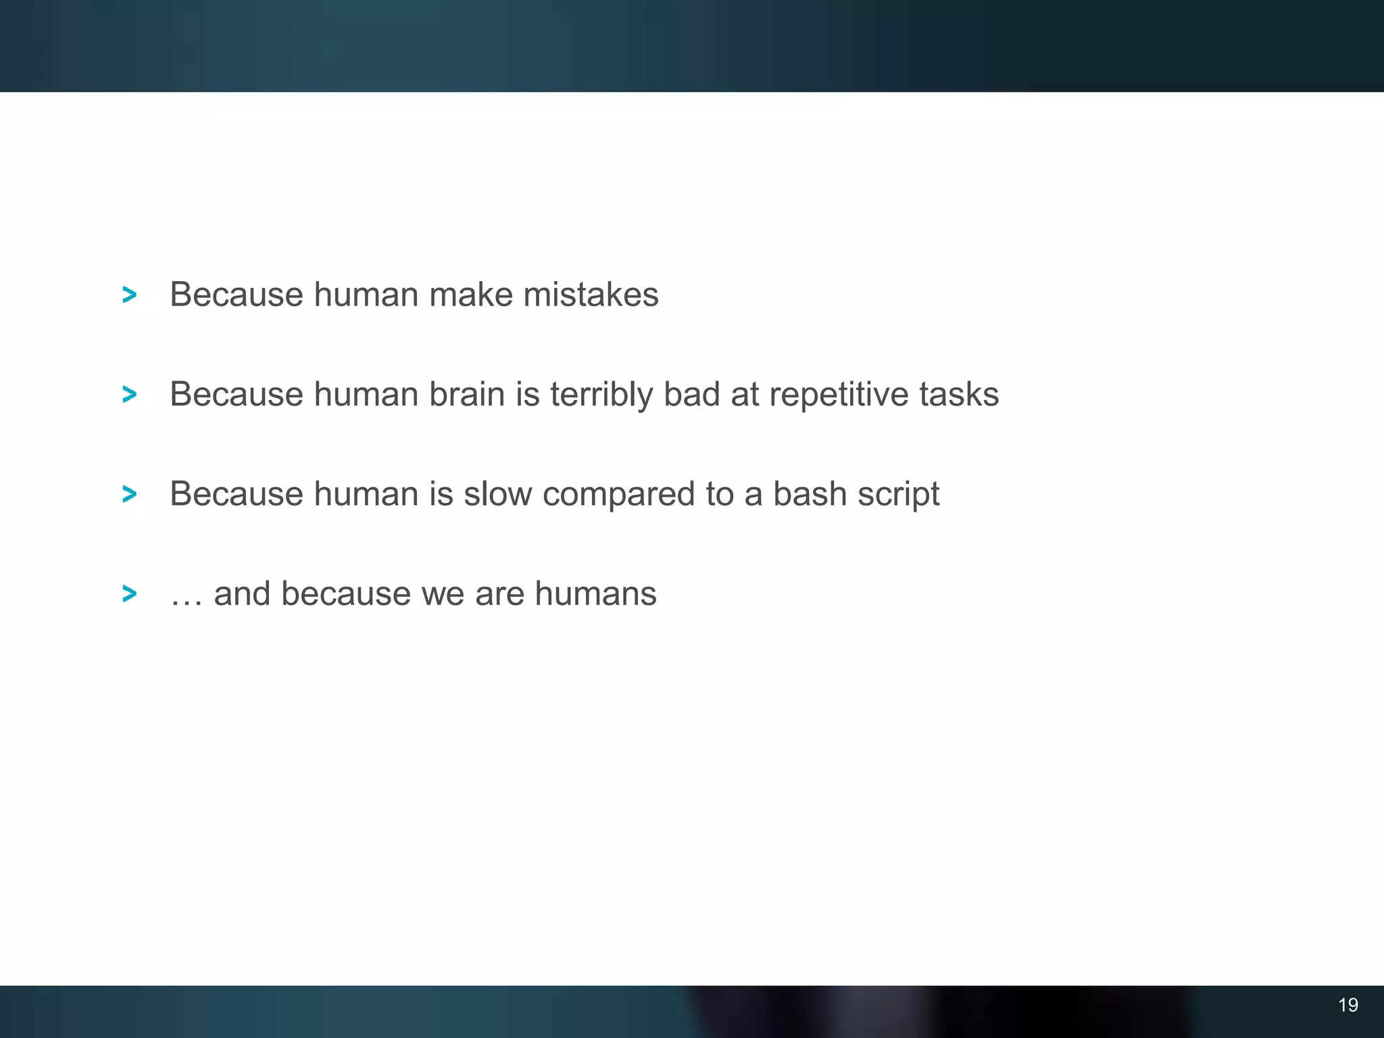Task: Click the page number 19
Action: tap(1348, 1005)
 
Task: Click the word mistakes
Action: tap(591, 295)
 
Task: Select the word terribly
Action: tap(601, 395)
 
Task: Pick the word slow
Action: tap(497, 494)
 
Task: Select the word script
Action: tap(898, 495)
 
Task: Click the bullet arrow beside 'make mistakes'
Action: tap(129, 295)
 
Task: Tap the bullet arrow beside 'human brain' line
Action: tap(129, 394)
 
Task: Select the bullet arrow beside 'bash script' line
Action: tap(129, 494)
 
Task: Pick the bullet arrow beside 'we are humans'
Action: tap(129, 594)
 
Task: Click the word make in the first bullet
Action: tap(470, 295)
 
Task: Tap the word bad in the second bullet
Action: tap(691, 394)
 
